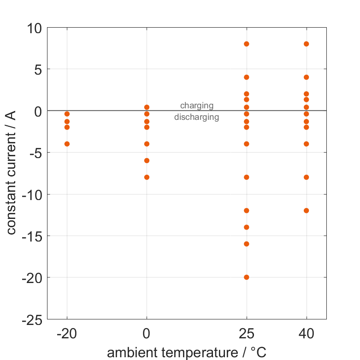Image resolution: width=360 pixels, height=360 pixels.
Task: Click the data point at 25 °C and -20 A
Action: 247,277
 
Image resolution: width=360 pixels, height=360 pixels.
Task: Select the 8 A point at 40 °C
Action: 306,44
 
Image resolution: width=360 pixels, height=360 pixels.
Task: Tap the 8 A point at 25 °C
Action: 247,44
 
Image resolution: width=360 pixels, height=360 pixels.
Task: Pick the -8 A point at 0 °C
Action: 147,177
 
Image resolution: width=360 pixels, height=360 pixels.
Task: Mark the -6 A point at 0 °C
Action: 147,160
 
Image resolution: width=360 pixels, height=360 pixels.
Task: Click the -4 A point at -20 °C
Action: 67,144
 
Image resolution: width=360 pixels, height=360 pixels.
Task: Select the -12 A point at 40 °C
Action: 306,211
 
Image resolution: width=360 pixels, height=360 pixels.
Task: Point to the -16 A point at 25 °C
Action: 247,244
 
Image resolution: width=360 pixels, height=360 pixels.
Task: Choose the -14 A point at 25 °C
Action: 247,227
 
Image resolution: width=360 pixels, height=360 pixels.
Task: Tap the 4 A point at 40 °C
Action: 306,77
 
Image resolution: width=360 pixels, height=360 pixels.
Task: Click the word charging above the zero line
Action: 197,106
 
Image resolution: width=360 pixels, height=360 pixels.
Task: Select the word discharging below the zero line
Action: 196,117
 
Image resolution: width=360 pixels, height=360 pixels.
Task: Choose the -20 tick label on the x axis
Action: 67,334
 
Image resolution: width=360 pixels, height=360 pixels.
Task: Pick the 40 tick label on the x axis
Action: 306,334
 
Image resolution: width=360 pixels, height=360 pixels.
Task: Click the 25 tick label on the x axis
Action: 247,334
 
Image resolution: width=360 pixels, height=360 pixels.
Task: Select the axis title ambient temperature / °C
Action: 187,353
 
